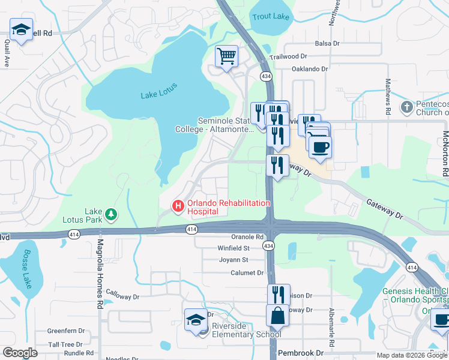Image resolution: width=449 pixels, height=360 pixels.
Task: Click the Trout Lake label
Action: click(271, 17)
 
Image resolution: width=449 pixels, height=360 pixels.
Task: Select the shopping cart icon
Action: click(227, 57)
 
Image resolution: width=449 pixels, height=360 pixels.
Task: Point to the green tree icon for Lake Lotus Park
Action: click(110, 214)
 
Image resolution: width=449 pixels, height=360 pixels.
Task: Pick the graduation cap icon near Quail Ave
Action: click(21, 29)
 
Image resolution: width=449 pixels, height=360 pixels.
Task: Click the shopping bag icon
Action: click(277, 314)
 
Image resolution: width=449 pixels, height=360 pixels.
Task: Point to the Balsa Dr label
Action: click(328, 44)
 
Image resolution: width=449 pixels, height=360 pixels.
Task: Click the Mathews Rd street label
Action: click(388, 97)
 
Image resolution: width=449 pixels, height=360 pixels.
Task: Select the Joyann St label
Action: click(233, 260)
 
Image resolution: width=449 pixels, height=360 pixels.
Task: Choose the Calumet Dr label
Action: click(247, 272)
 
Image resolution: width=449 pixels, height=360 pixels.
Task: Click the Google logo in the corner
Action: click(20, 353)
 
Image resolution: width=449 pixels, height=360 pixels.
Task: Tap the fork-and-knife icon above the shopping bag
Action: click(277, 294)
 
